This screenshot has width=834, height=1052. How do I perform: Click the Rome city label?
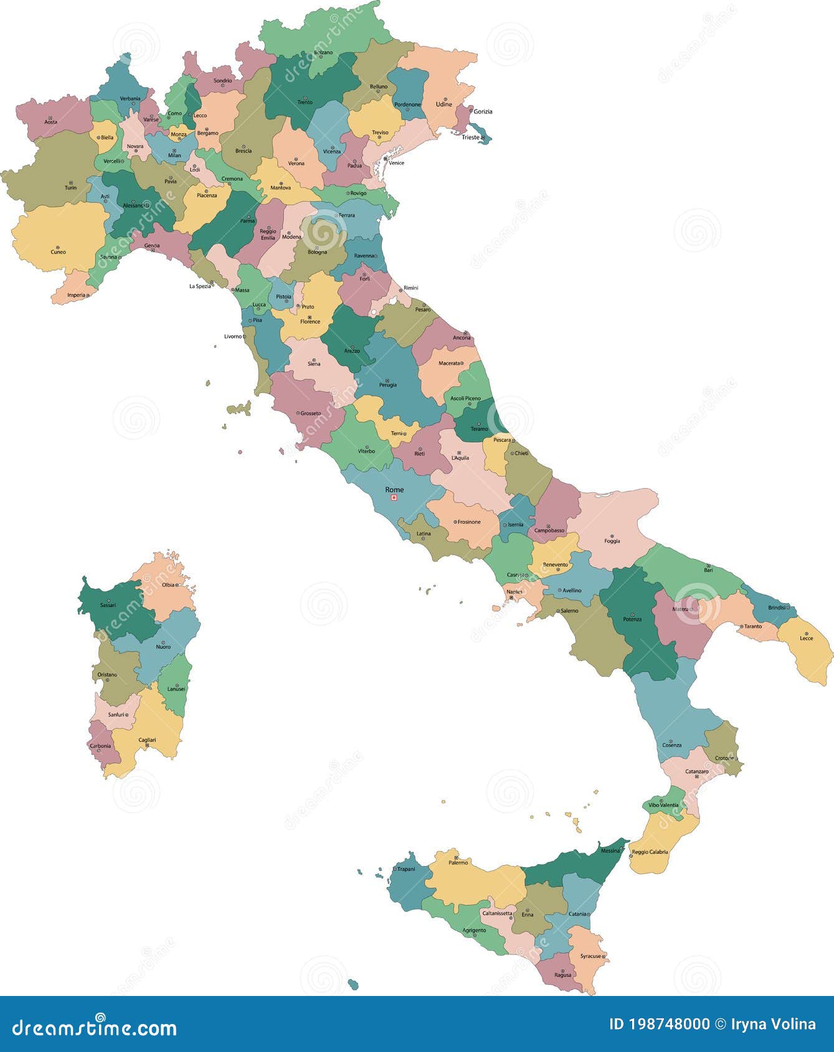[x=394, y=489]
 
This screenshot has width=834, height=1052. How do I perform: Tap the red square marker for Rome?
[x=394, y=498]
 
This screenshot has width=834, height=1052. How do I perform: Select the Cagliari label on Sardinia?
[x=148, y=740]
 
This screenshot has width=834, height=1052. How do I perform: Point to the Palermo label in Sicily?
[x=458, y=863]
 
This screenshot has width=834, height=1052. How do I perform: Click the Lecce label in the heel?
[x=807, y=638]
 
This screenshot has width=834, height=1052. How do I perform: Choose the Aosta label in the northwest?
[x=51, y=122]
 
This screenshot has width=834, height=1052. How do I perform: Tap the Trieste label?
[x=471, y=137]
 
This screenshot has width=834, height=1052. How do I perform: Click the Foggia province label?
[x=612, y=541]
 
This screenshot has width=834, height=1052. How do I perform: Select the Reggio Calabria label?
[x=650, y=852]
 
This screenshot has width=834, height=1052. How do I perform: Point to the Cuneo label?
[x=58, y=252]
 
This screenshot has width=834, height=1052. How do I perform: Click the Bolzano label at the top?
[x=323, y=52]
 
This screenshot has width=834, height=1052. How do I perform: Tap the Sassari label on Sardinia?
[x=108, y=605]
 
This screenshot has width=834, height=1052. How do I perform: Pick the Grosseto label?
[x=311, y=413]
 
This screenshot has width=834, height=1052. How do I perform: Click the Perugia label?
[x=387, y=385]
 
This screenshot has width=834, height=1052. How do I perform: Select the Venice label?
[x=396, y=163]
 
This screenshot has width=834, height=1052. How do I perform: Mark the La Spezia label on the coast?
[x=199, y=286]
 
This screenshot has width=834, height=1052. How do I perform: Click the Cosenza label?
[x=672, y=745]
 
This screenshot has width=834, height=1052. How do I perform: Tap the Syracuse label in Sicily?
[x=590, y=956]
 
